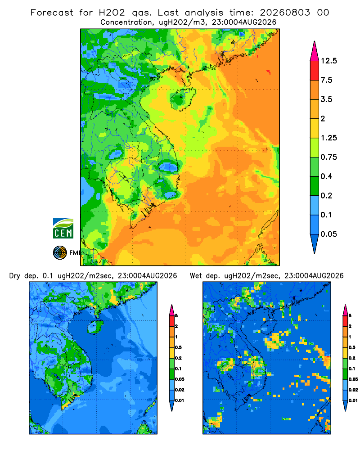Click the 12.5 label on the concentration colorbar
point(328,61)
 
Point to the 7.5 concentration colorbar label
point(326,80)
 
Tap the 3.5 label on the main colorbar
point(326,99)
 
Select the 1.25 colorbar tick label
point(328,138)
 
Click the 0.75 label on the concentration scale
point(328,157)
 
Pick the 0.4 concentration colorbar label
point(326,176)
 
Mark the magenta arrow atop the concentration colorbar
point(315,51)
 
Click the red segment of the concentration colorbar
point(315,71)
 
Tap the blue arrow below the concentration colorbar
point(315,243)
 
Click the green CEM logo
point(63,229)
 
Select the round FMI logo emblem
point(60,253)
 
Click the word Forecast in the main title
point(52,13)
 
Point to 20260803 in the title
point(285,13)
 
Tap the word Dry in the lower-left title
point(15,276)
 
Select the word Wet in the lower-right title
point(196,276)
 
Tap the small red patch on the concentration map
point(269,72)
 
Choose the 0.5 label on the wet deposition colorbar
point(351,347)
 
